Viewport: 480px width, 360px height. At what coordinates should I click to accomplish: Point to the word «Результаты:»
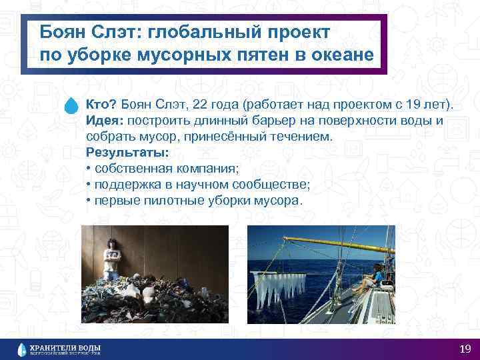tap(127, 153)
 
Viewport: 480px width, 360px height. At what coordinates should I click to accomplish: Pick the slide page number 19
tap(465, 349)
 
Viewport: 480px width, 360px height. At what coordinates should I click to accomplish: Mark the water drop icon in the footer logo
tap(23, 349)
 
